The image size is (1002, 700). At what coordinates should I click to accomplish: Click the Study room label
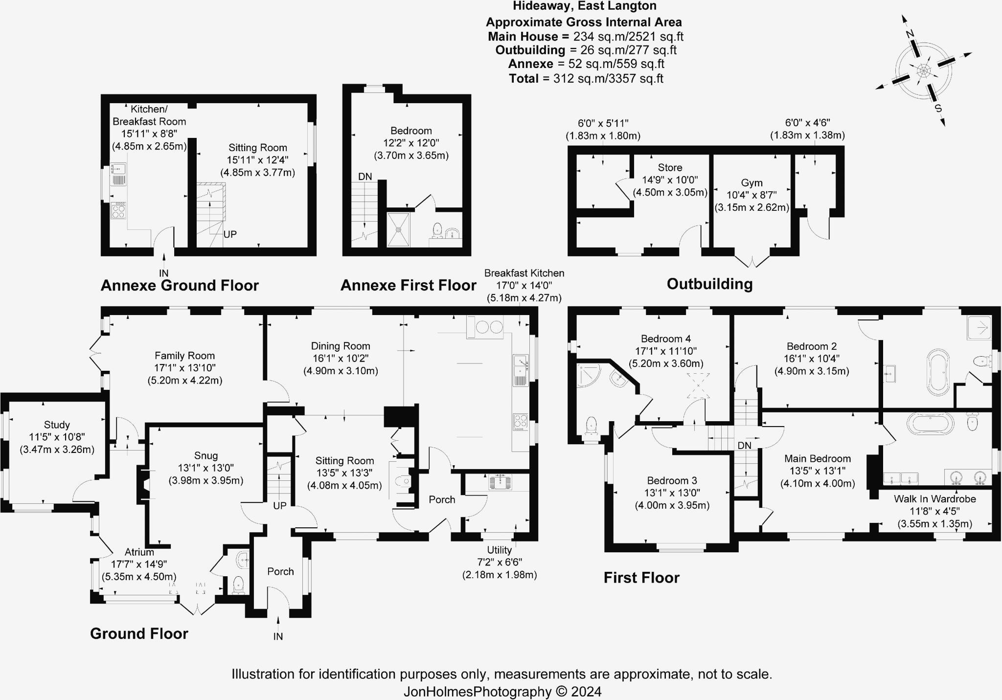pos(57,425)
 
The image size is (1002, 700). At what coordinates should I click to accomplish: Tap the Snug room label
pos(205,455)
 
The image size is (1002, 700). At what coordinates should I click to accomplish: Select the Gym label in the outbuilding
pos(751,182)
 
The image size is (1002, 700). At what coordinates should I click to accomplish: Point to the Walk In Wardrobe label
pos(934,499)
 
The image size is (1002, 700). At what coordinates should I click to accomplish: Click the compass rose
pos(923,71)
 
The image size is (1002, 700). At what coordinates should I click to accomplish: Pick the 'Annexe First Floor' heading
pos(408,285)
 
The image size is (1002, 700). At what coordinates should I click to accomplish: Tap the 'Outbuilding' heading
pos(709,284)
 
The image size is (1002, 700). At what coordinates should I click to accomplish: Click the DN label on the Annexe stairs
pos(365,177)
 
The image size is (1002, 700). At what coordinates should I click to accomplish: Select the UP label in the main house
pos(280,505)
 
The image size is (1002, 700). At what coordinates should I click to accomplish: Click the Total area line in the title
pos(586,78)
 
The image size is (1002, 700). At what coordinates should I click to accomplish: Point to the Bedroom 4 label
pos(666,339)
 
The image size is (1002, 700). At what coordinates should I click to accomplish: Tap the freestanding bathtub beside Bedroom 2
pos(938,372)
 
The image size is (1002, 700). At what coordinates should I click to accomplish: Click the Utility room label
pos(499,550)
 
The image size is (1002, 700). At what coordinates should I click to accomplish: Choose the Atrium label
pos(139,552)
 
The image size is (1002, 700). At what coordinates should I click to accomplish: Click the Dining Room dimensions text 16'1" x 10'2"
pos(341,358)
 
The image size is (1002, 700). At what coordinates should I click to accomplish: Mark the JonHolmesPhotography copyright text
pos(502,692)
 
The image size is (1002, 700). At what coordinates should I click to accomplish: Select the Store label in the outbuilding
pos(670,167)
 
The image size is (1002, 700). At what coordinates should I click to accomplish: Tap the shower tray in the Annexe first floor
pos(399,229)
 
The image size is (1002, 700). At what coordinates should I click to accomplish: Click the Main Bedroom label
pos(817,458)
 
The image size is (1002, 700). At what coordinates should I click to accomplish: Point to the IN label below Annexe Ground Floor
pos(163,273)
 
